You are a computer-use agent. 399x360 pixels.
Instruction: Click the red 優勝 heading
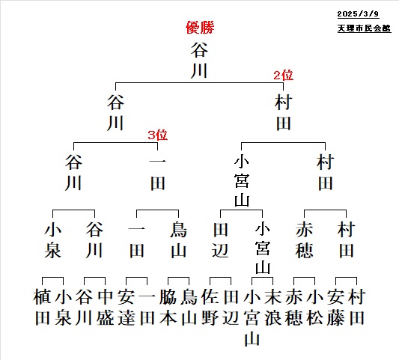pyautogui.click(x=200, y=28)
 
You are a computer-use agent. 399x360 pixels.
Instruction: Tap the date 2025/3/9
pyautogui.click(x=358, y=14)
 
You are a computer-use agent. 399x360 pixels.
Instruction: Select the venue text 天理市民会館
pyautogui.click(x=364, y=28)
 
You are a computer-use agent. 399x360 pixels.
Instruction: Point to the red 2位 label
pyautogui.click(x=283, y=76)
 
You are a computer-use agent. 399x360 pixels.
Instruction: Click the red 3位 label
pyautogui.click(x=157, y=135)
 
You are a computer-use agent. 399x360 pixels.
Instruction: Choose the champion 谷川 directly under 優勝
pyautogui.click(x=199, y=61)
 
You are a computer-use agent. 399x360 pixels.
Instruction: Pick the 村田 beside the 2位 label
pyautogui.click(x=283, y=113)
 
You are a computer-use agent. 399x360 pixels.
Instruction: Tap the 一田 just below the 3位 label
pyautogui.click(x=157, y=173)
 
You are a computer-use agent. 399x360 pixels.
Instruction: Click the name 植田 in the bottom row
pyautogui.click(x=42, y=307)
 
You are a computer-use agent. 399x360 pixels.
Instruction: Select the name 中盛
pyautogui.click(x=105, y=307)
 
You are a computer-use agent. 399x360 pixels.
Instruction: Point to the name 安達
pyautogui.click(x=127, y=307)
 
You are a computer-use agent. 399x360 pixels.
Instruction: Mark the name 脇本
pyautogui.click(x=168, y=307)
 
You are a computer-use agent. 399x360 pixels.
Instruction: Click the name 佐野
pyautogui.click(x=210, y=307)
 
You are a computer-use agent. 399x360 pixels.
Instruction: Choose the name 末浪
pyautogui.click(x=272, y=307)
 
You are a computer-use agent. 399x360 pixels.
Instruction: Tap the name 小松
pyautogui.click(x=314, y=307)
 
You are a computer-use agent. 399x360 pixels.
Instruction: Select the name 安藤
pyautogui.click(x=335, y=307)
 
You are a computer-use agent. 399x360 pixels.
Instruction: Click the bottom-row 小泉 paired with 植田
pyautogui.click(x=63, y=307)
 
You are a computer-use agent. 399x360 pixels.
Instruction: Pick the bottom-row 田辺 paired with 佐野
pyautogui.click(x=231, y=307)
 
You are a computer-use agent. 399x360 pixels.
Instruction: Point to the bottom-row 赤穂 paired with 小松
pyautogui.click(x=293, y=307)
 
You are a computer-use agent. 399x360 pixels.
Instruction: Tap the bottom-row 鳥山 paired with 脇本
pyautogui.click(x=189, y=307)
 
